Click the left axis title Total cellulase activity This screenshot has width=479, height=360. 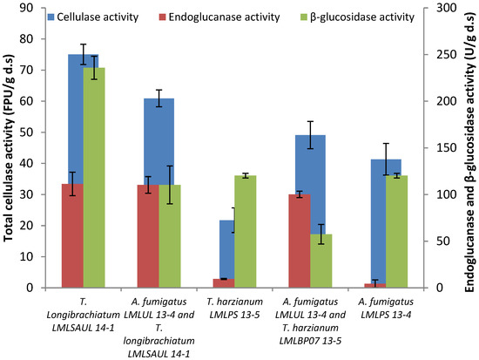point(10,148)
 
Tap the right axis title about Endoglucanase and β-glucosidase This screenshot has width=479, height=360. point(469,148)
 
